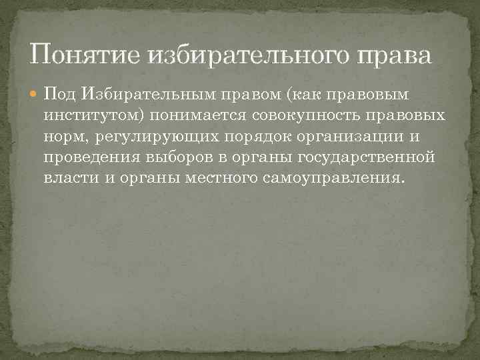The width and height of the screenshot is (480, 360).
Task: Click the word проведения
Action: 85,158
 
